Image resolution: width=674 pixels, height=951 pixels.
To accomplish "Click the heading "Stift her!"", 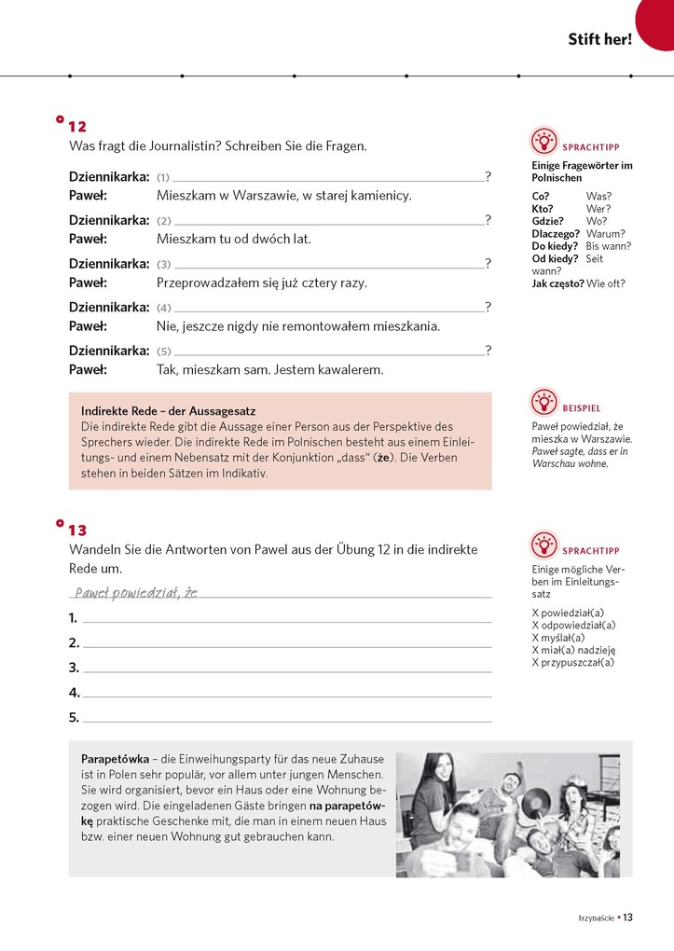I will click(x=599, y=39).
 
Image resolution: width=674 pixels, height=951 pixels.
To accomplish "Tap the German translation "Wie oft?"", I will click(x=606, y=283).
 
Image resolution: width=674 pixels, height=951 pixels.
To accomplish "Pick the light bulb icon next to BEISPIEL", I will click(x=543, y=402).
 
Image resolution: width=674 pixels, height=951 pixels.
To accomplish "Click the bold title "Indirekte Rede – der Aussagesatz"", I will click(x=169, y=411).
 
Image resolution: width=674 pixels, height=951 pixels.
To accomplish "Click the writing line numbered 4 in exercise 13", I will click(x=286, y=695).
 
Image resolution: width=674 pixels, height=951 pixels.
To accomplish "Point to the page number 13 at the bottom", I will click(x=628, y=917).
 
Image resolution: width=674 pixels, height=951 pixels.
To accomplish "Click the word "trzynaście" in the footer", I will click(x=596, y=918).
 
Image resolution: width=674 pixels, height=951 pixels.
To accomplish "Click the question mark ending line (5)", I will click(x=488, y=351).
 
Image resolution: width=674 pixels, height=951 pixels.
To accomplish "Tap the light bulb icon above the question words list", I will click(x=543, y=141).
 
